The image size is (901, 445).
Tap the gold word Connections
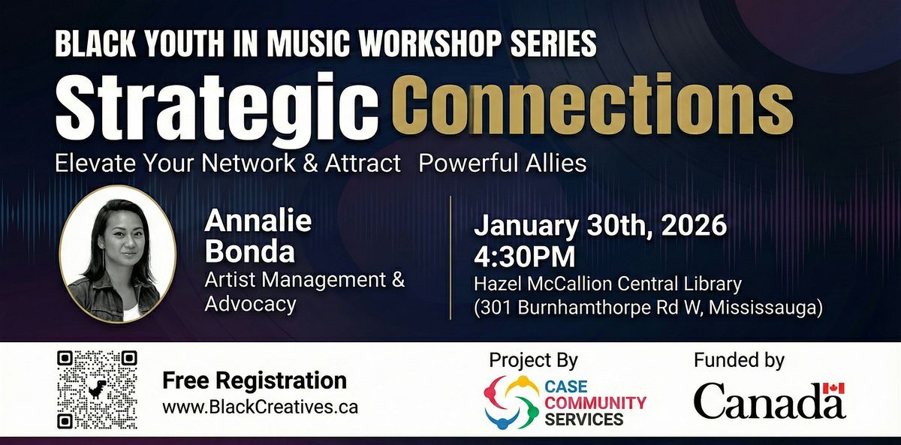pos(592,104)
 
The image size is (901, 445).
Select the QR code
pos(97,389)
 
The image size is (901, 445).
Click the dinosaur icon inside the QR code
pos(97,389)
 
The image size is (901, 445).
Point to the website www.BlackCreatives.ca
pos(261,407)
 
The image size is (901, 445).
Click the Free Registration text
pos(255,380)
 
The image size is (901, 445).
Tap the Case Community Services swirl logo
pos(511,402)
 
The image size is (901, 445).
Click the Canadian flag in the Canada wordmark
pos(834,388)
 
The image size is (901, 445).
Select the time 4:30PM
pos(525,257)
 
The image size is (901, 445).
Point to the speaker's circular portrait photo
pos(118,254)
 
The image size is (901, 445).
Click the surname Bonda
pos(250,252)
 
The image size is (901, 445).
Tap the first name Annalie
pos(258,221)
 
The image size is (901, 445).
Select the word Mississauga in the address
pos(763,308)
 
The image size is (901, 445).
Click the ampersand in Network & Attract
pos(311,164)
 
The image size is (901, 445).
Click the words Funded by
pos(739,360)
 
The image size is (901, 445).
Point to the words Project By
pos(533,360)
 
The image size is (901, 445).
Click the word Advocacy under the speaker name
pos(250,305)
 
